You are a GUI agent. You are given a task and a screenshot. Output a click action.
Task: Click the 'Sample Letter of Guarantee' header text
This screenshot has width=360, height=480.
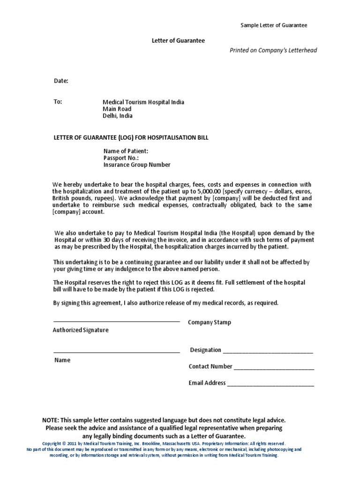click(274, 25)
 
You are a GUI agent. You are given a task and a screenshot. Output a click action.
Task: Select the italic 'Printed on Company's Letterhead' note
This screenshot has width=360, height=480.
click(273, 50)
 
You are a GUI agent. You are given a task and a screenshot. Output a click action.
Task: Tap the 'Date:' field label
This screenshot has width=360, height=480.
click(61, 81)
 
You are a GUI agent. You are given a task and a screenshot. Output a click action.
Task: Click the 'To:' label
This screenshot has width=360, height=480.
click(58, 102)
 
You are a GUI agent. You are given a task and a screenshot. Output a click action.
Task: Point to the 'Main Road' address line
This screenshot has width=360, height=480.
click(117, 109)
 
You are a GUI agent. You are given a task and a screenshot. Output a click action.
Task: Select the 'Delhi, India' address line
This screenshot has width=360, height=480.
click(118, 116)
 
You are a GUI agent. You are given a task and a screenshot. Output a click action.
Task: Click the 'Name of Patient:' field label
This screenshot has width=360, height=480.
click(126, 151)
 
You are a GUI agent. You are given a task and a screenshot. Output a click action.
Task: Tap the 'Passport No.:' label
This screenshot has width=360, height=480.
click(120, 158)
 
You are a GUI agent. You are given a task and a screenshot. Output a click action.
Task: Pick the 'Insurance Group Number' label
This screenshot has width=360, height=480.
click(137, 165)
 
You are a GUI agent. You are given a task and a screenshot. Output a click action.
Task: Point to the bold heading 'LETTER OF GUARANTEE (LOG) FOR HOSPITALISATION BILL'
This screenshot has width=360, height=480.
click(131, 137)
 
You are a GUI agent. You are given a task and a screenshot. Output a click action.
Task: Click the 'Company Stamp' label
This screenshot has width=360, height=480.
click(210, 322)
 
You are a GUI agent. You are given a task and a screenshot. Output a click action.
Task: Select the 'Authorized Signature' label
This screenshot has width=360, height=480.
click(81, 330)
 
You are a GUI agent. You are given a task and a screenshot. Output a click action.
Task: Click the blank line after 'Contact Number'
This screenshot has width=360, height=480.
click(274, 368)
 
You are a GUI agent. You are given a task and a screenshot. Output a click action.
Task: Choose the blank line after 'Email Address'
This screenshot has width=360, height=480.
click(270, 384)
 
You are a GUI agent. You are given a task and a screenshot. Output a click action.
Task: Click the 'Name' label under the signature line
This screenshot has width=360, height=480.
click(62, 360)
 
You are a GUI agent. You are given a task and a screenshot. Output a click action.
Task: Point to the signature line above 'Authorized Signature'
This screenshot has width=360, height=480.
click(117, 322)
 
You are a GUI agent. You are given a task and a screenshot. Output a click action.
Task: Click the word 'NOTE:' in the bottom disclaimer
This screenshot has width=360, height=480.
click(51, 420)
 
